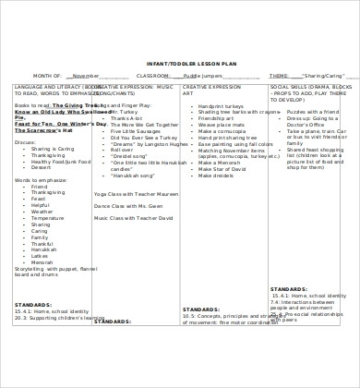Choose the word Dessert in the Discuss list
[x=42, y=167]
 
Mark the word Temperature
[x=47, y=217]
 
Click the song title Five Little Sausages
[x=134, y=131]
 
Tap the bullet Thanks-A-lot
[x=126, y=118]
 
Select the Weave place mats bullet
[x=217, y=125]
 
